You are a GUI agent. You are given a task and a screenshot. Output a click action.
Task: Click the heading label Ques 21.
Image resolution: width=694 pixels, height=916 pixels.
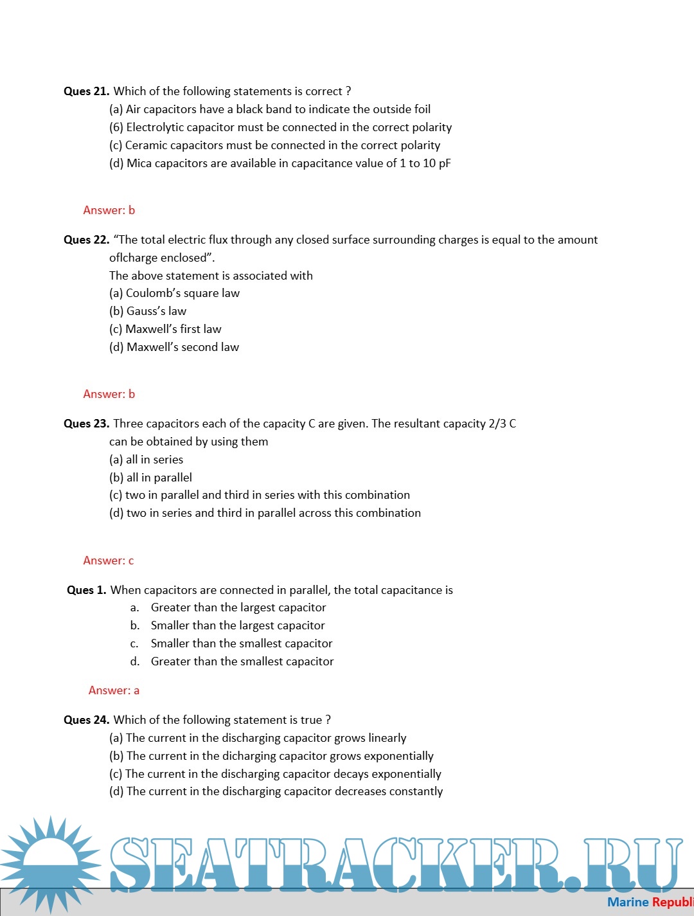click(x=86, y=91)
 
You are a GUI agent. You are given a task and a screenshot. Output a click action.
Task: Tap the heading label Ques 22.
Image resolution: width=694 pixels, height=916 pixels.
click(x=86, y=240)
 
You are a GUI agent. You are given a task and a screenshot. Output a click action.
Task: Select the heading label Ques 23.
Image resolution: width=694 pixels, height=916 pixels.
click(x=86, y=424)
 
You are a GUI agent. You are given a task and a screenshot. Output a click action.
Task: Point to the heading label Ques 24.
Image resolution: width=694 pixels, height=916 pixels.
click(x=86, y=720)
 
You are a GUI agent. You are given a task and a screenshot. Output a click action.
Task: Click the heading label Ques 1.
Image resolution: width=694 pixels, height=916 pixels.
click(x=87, y=590)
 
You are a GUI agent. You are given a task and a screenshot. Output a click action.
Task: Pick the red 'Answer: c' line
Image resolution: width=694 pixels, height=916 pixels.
click(x=109, y=561)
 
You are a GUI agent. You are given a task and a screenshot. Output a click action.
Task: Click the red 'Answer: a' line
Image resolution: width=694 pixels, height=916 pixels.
click(x=114, y=690)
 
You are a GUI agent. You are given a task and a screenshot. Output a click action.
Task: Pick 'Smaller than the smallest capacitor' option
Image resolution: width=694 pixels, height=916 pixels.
click(x=242, y=643)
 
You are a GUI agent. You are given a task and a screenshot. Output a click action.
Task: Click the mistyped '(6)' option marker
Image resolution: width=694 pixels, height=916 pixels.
click(x=116, y=127)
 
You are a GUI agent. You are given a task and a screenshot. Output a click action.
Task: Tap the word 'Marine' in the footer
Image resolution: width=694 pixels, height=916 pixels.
click(x=628, y=902)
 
